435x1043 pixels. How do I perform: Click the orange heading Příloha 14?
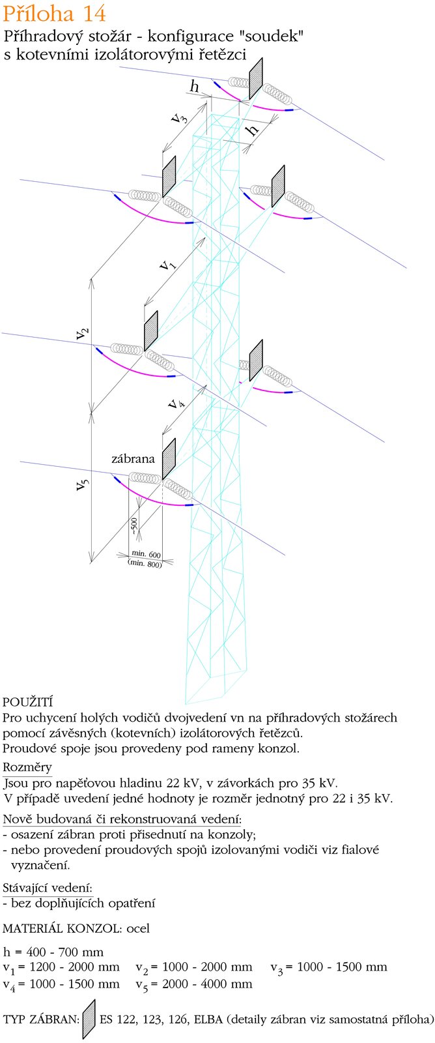pos(55,14)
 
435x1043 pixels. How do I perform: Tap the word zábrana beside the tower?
pos(133,459)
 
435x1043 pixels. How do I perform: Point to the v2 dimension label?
pos(82,332)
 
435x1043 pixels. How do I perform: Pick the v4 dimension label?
pos(176,402)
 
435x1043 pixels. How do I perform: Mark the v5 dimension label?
pos(82,484)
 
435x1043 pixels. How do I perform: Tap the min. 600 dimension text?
pos(146,554)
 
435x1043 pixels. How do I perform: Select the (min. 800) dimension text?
pos(145,563)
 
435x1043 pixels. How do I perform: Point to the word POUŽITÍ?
pos(27,702)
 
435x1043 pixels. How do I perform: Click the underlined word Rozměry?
pos(27,767)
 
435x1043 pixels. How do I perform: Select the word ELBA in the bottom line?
pos(208,1019)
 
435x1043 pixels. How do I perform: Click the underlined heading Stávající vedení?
pos(48,888)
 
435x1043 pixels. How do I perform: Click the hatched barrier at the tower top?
pos(256,78)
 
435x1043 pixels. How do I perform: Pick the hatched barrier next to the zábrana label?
pos(169,459)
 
